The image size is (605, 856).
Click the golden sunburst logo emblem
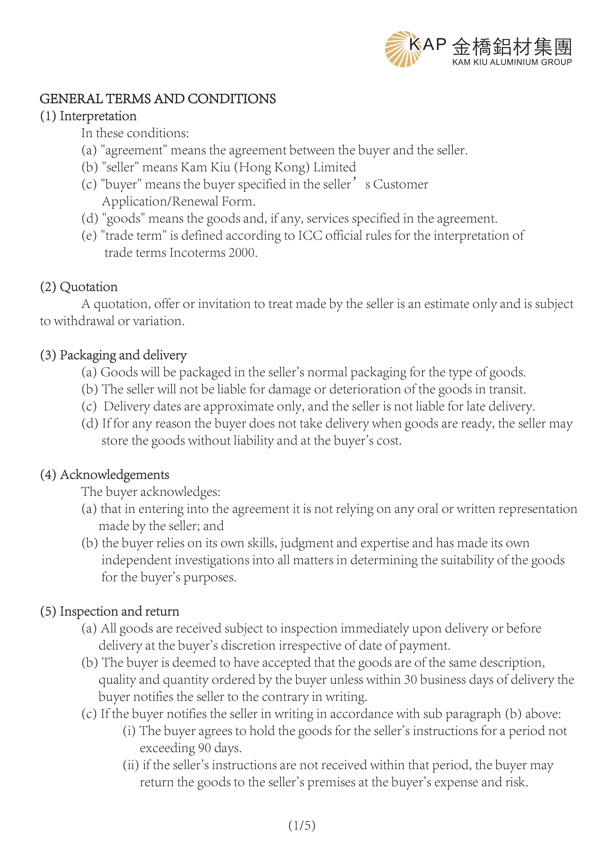(x=402, y=49)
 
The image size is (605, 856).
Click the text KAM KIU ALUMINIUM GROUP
(x=512, y=62)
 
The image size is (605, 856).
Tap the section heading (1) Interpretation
(x=88, y=116)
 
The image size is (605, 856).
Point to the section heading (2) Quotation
(x=79, y=287)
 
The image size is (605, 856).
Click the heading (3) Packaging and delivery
(x=113, y=355)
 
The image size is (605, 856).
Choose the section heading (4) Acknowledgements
(x=105, y=475)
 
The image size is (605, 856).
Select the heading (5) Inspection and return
(x=109, y=611)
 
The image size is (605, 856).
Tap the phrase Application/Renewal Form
(x=179, y=201)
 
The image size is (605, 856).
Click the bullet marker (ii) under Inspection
(x=131, y=765)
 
